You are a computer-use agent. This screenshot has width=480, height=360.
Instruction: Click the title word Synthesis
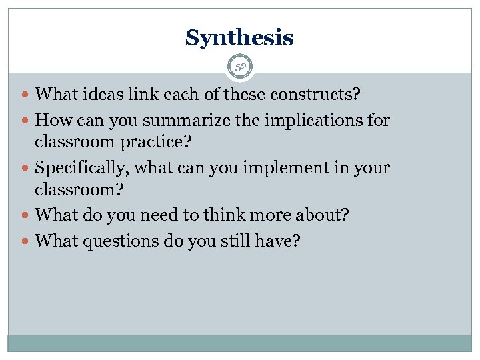[239, 38]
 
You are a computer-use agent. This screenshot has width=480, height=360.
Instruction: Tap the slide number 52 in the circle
[240, 67]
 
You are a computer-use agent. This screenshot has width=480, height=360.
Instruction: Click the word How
[52, 121]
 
